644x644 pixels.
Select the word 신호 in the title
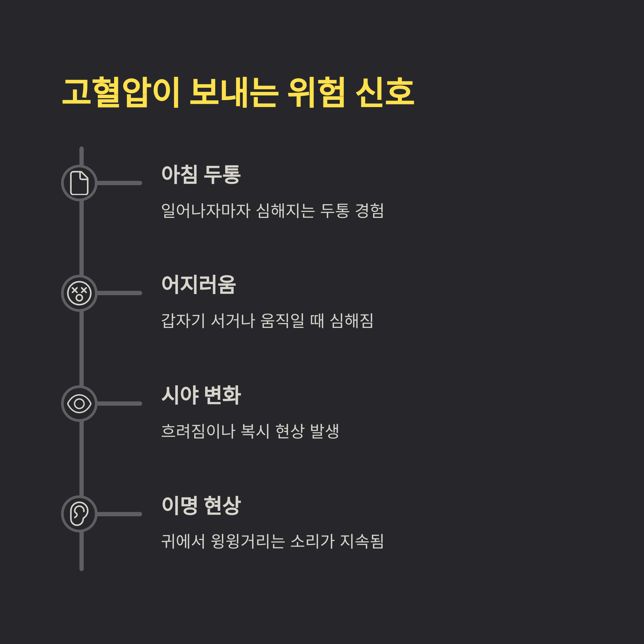pyautogui.click(x=385, y=92)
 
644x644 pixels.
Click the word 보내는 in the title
pyautogui.click(x=234, y=92)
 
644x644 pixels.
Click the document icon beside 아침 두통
pyautogui.click(x=79, y=183)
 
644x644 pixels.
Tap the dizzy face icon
pyautogui.click(x=79, y=293)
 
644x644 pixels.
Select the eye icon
pyautogui.click(x=79, y=404)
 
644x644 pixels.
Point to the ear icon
pyautogui.click(x=79, y=514)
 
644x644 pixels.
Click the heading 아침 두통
pyautogui.click(x=201, y=174)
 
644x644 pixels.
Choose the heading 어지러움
pyautogui.click(x=199, y=285)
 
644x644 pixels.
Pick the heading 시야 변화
pyautogui.click(x=201, y=395)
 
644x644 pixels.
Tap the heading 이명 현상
pyautogui.click(x=201, y=505)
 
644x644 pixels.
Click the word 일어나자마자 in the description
pyautogui.click(x=206, y=211)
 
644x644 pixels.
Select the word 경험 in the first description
pyautogui.click(x=369, y=211)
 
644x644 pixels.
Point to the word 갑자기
pyautogui.click(x=183, y=321)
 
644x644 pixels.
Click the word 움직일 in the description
pyautogui.click(x=282, y=321)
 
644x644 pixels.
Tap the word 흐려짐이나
pyautogui.click(x=198, y=431)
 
